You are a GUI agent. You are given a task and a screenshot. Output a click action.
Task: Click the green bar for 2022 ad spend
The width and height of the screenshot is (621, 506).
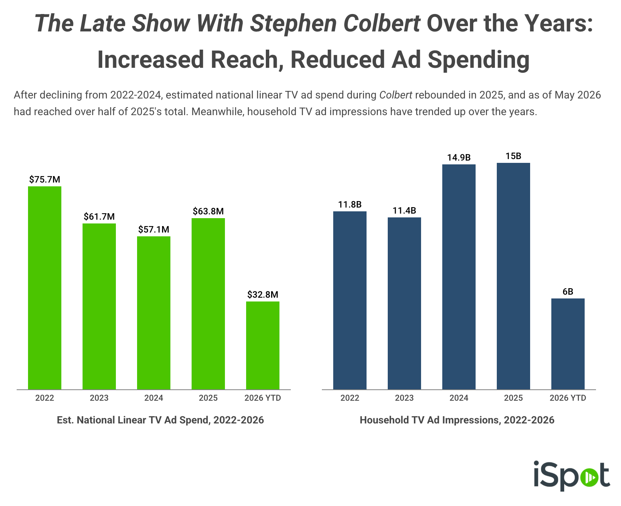[x=45, y=288]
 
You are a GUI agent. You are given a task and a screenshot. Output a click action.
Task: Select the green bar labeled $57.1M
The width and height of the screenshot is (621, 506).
[x=154, y=313]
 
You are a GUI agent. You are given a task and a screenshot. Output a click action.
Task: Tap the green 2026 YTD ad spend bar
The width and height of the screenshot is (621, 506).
[x=263, y=345]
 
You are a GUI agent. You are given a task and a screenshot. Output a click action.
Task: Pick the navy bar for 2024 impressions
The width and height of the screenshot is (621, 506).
[x=459, y=277]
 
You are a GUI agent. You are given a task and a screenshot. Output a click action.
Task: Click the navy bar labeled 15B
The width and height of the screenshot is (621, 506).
[x=513, y=276]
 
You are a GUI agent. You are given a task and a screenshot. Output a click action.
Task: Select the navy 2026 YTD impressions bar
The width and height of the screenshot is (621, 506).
[x=568, y=344]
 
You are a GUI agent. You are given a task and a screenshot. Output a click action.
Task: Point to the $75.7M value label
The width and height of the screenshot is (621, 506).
[x=45, y=180]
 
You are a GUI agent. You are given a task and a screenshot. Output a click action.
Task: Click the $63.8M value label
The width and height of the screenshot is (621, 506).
[x=208, y=211]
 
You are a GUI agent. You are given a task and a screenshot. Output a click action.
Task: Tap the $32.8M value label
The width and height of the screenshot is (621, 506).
[x=263, y=295]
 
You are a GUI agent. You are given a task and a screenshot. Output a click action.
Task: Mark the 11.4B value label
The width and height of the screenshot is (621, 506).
[x=404, y=211]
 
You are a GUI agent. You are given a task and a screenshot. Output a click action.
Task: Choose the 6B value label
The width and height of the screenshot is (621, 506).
[x=568, y=292]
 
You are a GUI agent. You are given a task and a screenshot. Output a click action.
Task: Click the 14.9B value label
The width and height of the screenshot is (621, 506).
[x=459, y=158]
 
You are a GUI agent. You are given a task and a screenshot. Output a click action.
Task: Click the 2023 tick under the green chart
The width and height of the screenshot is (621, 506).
[x=99, y=398]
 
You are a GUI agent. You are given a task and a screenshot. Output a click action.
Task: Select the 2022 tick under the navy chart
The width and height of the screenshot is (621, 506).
[x=350, y=398]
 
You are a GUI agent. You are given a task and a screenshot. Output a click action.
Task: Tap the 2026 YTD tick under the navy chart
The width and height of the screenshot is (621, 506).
[x=568, y=398]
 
